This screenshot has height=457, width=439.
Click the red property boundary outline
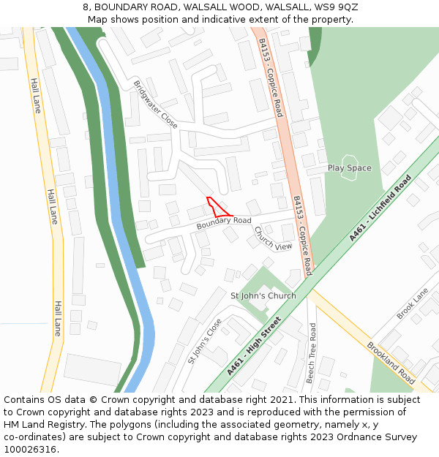(x=217, y=208)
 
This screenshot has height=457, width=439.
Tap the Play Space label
(x=349, y=168)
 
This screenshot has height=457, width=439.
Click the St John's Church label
(x=263, y=296)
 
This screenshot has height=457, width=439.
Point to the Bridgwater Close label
(x=155, y=105)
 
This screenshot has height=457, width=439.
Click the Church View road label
(x=273, y=238)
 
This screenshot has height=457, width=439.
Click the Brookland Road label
(x=391, y=363)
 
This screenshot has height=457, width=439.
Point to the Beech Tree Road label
(x=311, y=353)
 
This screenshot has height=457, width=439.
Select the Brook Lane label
(x=413, y=303)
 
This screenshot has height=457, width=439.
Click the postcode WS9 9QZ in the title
(x=338, y=7)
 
